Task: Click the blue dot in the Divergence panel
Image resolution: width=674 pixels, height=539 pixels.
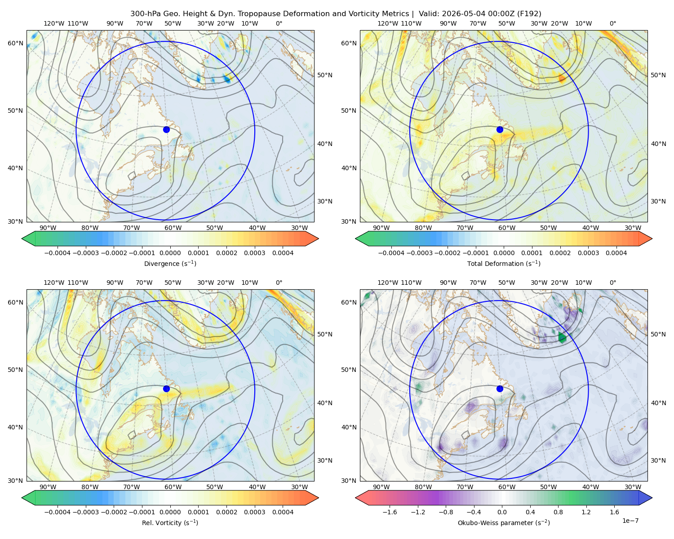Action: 166,129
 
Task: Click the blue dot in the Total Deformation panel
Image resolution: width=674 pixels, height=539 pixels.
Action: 500,129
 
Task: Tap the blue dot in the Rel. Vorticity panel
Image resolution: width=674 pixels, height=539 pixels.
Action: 166,389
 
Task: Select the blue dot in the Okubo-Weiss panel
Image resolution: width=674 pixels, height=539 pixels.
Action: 500,389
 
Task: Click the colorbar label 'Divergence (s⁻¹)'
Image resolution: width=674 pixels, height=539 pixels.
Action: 170,263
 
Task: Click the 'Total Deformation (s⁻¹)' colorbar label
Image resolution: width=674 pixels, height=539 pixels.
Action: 504,263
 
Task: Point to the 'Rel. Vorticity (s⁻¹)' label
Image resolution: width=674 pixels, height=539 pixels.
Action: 170,523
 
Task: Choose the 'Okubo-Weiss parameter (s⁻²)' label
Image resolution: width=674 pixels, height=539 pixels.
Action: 504,523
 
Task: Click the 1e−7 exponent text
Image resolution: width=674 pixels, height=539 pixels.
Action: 630,521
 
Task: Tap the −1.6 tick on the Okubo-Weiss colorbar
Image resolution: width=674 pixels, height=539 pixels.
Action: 390,512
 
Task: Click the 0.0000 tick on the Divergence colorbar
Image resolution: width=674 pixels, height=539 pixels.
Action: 170,253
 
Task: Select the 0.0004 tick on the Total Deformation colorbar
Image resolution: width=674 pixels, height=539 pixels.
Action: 616,253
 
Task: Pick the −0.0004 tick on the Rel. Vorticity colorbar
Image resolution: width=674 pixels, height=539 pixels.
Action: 58,512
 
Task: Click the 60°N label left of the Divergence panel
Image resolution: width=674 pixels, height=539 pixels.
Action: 15,43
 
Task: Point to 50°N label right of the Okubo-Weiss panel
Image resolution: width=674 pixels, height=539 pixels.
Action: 658,334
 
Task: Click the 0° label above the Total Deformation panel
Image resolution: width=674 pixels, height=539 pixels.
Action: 612,23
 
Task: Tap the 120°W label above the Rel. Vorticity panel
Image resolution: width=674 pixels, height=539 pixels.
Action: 54,283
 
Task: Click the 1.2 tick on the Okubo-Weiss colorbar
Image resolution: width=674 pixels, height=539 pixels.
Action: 586,512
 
